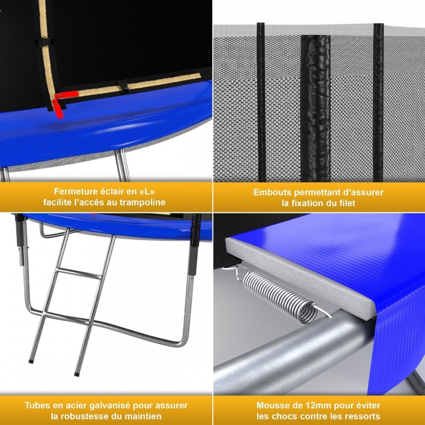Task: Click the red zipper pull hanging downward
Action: click(x=58, y=109)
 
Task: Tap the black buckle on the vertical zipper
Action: click(x=44, y=42)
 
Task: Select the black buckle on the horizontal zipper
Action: click(x=123, y=86)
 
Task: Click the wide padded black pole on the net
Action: click(x=316, y=108)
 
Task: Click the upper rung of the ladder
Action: click(x=79, y=273)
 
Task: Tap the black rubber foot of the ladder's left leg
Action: click(x=31, y=361)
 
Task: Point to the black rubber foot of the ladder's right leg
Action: click(x=76, y=375)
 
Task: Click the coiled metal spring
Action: click(x=282, y=297)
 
